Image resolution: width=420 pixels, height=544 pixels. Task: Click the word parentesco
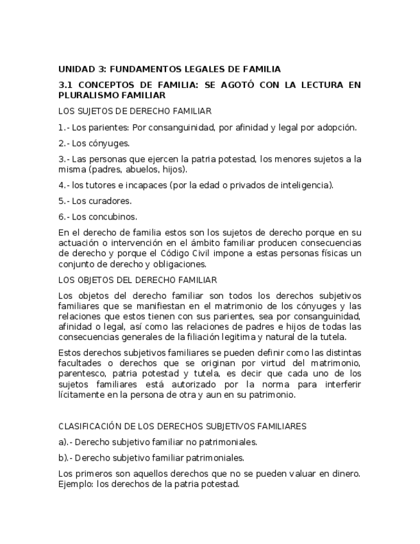pos(80,373)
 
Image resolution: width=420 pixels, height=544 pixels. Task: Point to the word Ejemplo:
pos(76,484)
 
